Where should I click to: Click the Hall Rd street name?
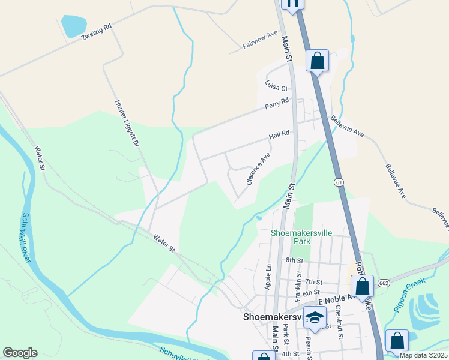click(279, 136)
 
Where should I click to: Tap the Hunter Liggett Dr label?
click(127, 123)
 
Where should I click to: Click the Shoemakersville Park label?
click(293, 236)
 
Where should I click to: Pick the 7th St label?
click(313, 281)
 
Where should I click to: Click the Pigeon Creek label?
click(409, 292)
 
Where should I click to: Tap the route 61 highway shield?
click(339, 181)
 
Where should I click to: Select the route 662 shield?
click(384, 282)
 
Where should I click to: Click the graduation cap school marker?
click(315, 317)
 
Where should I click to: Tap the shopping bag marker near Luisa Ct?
click(318, 61)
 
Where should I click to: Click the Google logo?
click(20, 352)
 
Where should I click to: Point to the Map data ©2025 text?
click(423, 355)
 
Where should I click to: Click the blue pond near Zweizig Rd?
click(73, 26)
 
